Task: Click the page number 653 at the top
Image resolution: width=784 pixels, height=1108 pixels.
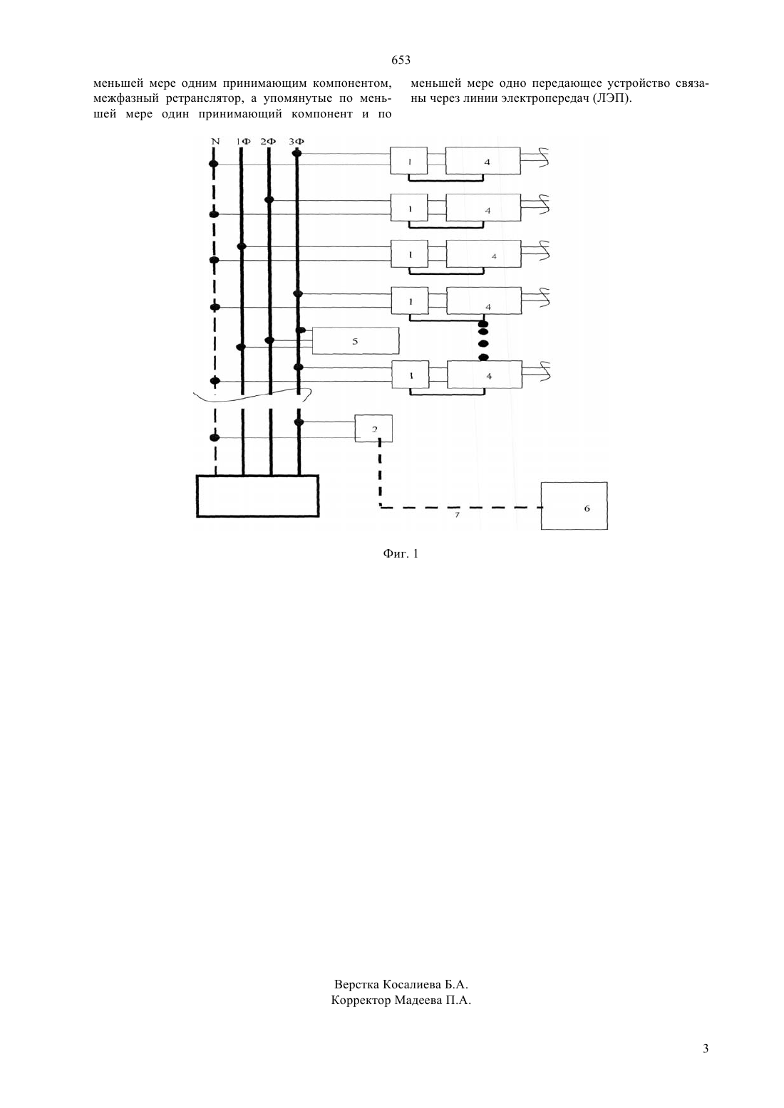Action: [x=401, y=60]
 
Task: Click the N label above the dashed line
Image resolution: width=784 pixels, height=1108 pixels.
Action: [x=215, y=142]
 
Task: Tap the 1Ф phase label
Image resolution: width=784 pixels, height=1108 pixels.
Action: [x=243, y=142]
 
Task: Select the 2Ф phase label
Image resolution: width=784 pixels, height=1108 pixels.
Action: [x=268, y=142]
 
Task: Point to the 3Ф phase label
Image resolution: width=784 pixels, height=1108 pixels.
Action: [x=296, y=142]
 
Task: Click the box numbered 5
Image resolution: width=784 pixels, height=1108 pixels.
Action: [x=356, y=340]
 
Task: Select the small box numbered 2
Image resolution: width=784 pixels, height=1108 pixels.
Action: [x=373, y=429]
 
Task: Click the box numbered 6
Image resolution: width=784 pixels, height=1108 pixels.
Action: [x=574, y=506]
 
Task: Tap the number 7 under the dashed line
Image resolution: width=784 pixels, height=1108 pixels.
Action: [x=457, y=515]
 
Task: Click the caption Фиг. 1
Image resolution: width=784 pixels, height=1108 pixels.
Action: [x=401, y=553]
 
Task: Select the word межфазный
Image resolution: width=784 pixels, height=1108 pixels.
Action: [x=126, y=98]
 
